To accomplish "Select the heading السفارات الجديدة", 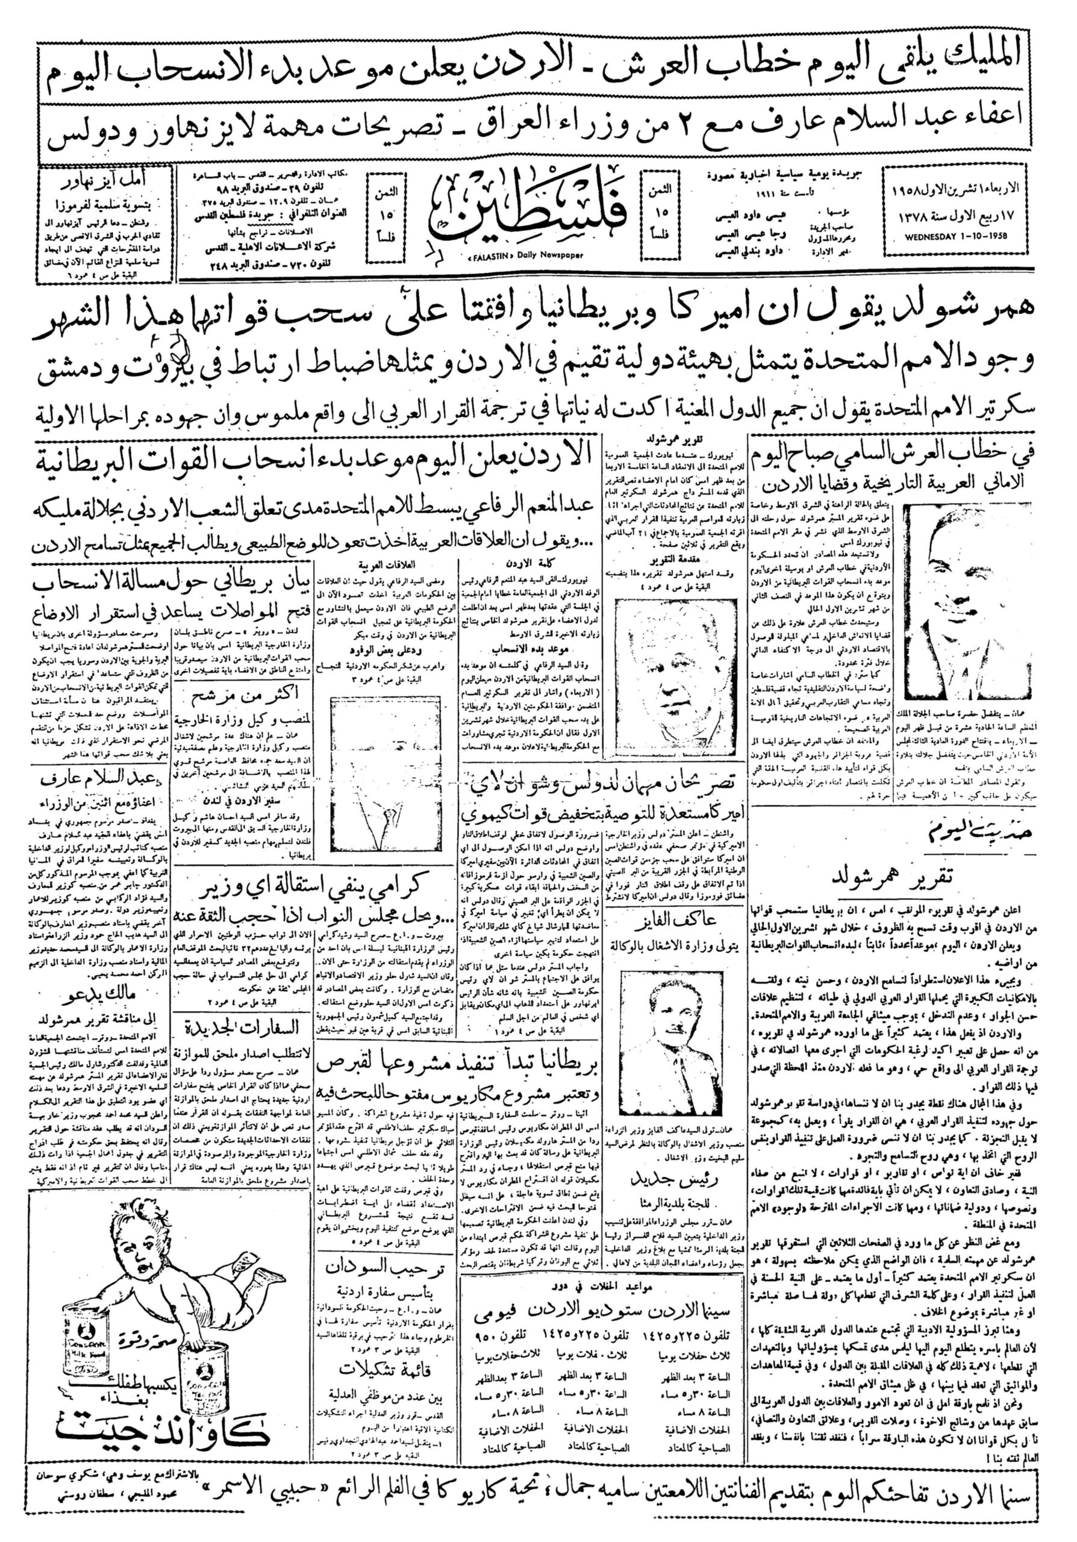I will (x=240, y=1024).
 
